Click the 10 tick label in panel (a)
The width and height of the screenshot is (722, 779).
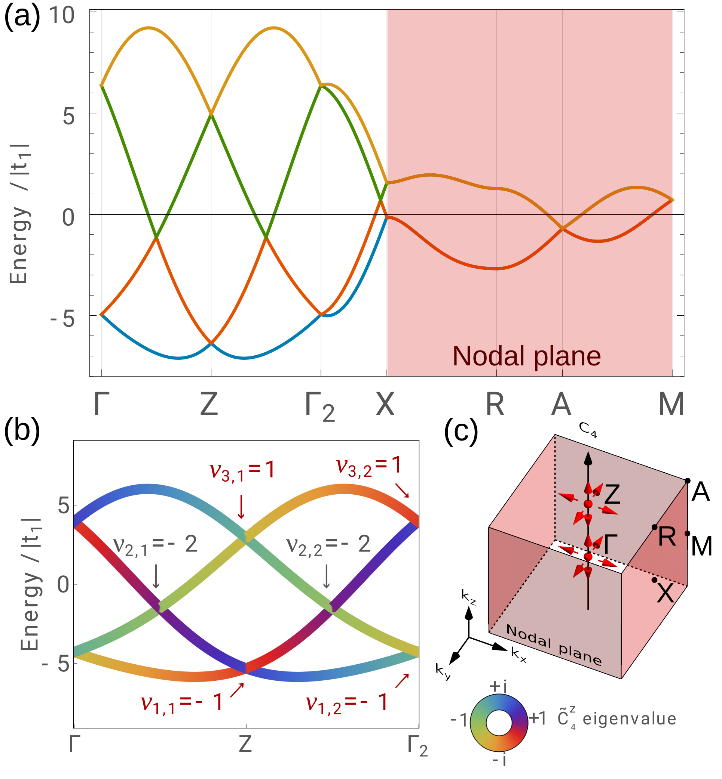pyautogui.click(x=62, y=16)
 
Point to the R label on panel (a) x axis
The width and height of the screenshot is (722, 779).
pyautogui.click(x=495, y=404)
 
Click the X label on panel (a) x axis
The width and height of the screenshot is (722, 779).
pyautogui.click(x=385, y=404)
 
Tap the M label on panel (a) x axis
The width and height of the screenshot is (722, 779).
pyautogui.click(x=671, y=404)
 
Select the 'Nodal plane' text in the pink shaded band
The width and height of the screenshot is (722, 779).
pyautogui.click(x=527, y=356)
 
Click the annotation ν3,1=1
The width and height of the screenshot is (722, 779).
pyautogui.click(x=242, y=470)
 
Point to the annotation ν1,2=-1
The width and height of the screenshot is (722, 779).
pyautogui.click(x=346, y=702)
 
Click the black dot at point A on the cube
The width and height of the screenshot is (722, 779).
pyautogui.click(x=688, y=480)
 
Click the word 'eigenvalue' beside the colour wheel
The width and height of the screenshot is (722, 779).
pyautogui.click(x=629, y=718)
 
